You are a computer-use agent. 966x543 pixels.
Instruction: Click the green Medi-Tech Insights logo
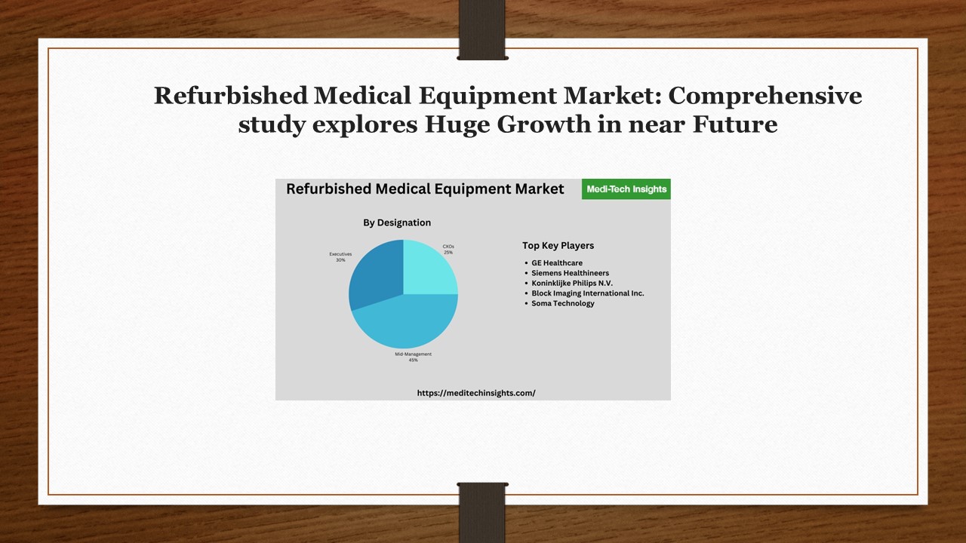coord(626,189)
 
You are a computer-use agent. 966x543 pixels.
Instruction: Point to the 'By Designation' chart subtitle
coord(397,222)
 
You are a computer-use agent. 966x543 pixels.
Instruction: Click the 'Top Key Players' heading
coord(558,245)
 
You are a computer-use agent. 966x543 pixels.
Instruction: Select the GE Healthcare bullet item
coord(557,263)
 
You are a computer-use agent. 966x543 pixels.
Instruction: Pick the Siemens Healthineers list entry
coord(570,273)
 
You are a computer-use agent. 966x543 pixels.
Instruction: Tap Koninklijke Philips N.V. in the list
coord(572,283)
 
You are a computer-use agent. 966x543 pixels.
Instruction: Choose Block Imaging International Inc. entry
coord(587,293)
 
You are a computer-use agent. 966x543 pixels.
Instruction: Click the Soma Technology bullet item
coord(563,303)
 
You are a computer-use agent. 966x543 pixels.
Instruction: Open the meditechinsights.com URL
coord(476,393)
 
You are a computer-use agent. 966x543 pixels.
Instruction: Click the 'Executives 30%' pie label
coord(340,256)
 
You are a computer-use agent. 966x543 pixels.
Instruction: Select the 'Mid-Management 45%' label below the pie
coord(413,357)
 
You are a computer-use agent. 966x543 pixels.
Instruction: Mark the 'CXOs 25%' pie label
coord(448,249)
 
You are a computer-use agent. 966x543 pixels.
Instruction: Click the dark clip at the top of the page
coord(481,30)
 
